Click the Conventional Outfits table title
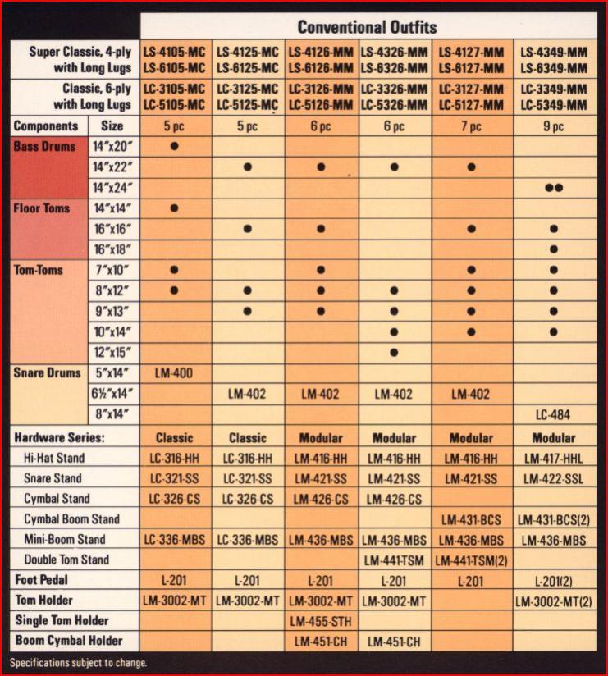(x=367, y=27)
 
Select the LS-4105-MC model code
(x=174, y=52)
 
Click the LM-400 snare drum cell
(x=174, y=373)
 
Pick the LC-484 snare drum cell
(x=553, y=414)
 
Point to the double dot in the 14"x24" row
(x=553, y=188)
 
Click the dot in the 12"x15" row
(x=394, y=352)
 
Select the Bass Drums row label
(x=44, y=147)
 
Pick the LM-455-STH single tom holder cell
(x=320, y=621)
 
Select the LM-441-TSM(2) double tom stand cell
(x=471, y=560)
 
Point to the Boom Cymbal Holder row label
(x=66, y=641)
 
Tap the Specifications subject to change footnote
(x=78, y=663)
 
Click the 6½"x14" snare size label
(x=112, y=394)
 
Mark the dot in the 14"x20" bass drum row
(x=174, y=147)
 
